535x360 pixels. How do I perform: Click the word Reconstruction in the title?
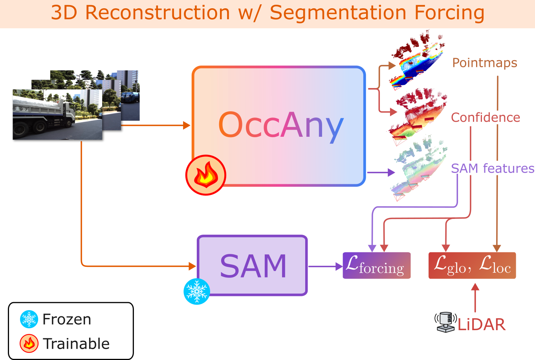click(157, 13)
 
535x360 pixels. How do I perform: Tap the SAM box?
click(252, 266)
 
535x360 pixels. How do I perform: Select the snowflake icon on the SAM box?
click(196, 291)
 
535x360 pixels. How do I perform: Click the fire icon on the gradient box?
click(205, 175)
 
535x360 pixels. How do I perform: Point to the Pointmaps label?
click(484, 63)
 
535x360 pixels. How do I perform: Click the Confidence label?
click(486, 118)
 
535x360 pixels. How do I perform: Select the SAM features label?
click(492, 168)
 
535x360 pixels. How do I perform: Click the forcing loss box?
click(376, 266)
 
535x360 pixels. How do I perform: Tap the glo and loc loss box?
click(472, 266)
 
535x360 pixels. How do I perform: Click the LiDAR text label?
click(482, 325)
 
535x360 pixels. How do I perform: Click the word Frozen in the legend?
click(67, 319)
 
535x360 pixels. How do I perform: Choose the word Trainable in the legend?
click(76, 343)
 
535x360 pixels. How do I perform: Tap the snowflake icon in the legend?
click(29, 319)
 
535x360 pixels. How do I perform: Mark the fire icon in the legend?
click(29, 343)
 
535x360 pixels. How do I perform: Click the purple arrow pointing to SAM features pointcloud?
click(381, 172)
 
